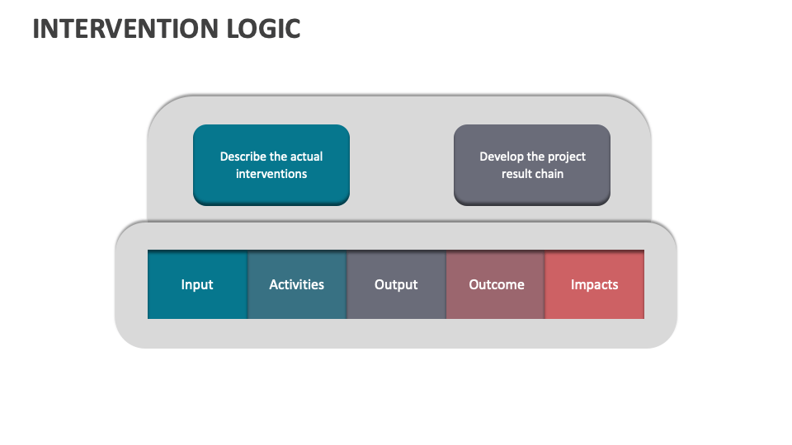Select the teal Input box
point(197,284)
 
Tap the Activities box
point(297,284)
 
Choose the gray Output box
point(396,284)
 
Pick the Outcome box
point(496,284)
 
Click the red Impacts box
point(595,284)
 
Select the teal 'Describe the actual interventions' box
point(271,165)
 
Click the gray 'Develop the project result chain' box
point(532,165)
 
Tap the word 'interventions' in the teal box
point(271,174)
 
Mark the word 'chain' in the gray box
point(549,174)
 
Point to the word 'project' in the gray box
point(566,157)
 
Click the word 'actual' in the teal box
point(306,157)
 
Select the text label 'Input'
point(197,284)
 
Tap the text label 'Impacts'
point(595,284)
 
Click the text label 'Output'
point(396,284)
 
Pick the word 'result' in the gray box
point(516,174)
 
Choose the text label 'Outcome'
point(496,284)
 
